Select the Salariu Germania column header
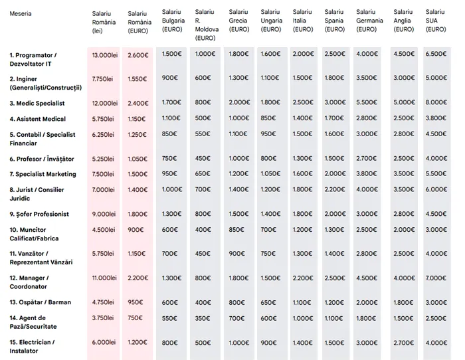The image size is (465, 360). pyautogui.click(x=369, y=21)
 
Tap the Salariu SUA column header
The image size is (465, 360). pyautogui.click(x=435, y=21)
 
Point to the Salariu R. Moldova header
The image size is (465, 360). pyautogui.click(x=205, y=25)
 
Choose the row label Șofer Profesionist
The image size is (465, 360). pyautogui.click(x=39, y=214)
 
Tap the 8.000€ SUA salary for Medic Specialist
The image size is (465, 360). pyautogui.click(x=435, y=103)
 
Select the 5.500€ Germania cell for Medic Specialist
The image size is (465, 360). pyautogui.click(x=367, y=103)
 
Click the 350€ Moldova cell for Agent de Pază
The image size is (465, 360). pyautogui.click(x=202, y=318)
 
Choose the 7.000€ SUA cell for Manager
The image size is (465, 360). pyautogui.click(x=435, y=278)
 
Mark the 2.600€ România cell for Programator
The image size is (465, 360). pyautogui.click(x=138, y=54)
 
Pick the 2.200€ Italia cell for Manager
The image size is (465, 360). pyautogui.click(x=302, y=278)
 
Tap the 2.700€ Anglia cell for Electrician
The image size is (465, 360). pyautogui.click(x=403, y=342)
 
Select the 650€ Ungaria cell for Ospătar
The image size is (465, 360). pyautogui.click(x=268, y=302)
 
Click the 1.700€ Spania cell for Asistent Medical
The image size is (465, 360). pyautogui.click(x=334, y=119)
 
